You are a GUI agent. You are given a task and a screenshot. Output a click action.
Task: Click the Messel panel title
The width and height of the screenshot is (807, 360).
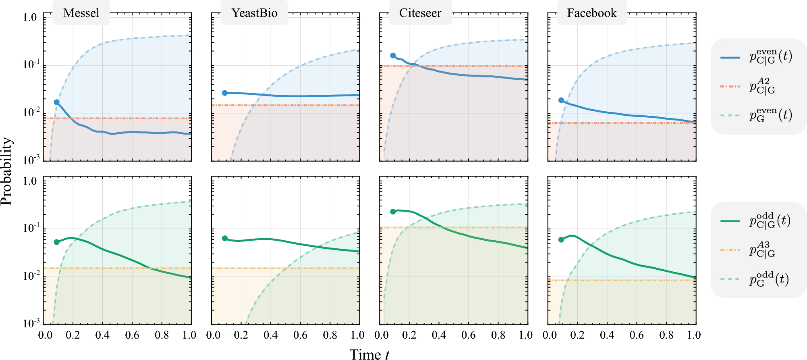pyautogui.click(x=81, y=13)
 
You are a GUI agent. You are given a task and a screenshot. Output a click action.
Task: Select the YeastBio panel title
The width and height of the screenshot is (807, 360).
pyautogui.click(x=254, y=13)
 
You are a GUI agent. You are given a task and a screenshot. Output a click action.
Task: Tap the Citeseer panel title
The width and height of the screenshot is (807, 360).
pyautogui.click(x=420, y=13)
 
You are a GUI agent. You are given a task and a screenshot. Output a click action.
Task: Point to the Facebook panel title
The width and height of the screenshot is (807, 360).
pyautogui.click(x=591, y=13)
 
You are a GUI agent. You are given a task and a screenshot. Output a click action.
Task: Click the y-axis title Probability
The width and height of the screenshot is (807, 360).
pyautogui.click(x=6, y=171)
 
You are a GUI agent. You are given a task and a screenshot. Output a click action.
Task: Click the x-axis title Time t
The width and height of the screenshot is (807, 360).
pyautogui.click(x=369, y=354)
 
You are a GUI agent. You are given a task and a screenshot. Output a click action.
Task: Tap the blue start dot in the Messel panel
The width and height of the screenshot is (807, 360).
pyautogui.click(x=57, y=102)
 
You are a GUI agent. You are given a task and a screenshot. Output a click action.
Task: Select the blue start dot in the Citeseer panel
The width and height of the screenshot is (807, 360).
pyautogui.click(x=393, y=56)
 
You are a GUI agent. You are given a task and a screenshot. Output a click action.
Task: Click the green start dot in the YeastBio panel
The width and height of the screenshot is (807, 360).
pyautogui.click(x=225, y=238)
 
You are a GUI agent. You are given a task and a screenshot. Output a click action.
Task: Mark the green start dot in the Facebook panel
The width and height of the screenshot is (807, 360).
pyautogui.click(x=561, y=239)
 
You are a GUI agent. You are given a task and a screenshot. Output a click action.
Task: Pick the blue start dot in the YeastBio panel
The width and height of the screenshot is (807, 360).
pyautogui.click(x=225, y=93)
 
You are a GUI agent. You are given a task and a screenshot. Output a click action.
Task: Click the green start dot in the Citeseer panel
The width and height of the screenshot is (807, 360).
pyautogui.click(x=393, y=212)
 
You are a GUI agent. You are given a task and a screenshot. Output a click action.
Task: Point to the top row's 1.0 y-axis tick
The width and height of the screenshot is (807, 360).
pyautogui.click(x=29, y=17)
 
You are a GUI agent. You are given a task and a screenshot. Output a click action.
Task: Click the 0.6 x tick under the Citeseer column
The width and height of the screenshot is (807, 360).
pyautogui.click(x=468, y=335)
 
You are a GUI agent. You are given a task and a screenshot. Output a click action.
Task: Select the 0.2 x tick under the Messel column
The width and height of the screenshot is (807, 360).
pyautogui.click(x=73, y=335)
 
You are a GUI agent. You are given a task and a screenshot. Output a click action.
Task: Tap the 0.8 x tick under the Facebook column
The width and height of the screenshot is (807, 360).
pyautogui.click(x=666, y=335)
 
